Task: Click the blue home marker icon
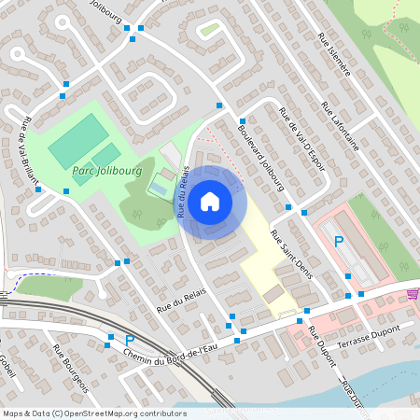210,201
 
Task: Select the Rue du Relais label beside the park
186,191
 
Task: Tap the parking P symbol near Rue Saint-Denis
339,242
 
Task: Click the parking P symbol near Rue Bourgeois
130,340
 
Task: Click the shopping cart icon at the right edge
413,293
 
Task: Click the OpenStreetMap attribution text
94,413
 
